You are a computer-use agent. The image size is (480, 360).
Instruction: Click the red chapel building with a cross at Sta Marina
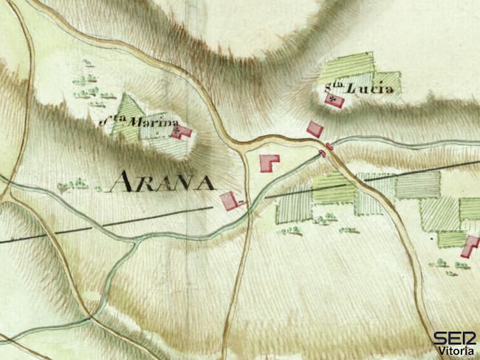[181, 132]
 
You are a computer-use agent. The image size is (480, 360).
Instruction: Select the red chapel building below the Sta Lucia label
[335, 100]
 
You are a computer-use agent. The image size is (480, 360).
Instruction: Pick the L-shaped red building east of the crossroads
[269, 162]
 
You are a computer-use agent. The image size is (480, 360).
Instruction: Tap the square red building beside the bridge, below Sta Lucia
[315, 129]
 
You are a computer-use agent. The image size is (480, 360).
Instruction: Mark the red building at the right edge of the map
[470, 245]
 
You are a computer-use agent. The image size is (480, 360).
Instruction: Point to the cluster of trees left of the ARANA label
[73, 184]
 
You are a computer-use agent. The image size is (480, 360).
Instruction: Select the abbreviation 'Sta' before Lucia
[335, 89]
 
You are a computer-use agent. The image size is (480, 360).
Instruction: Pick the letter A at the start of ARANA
[120, 182]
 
